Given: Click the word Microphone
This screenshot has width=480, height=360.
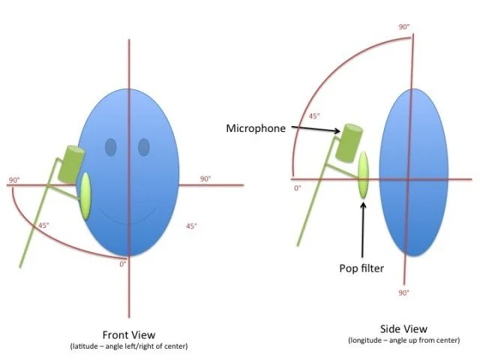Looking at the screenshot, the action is pyautogui.click(x=256, y=128).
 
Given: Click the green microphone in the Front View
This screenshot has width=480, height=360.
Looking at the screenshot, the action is pyautogui.click(x=73, y=164).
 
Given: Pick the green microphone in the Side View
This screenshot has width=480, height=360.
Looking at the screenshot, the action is pyautogui.click(x=349, y=142).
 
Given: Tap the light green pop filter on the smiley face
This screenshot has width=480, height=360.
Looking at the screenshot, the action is pyautogui.click(x=86, y=196).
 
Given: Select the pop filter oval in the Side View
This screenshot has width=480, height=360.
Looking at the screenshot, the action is pyautogui.click(x=364, y=175).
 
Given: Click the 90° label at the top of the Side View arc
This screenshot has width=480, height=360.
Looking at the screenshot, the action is pyautogui.click(x=404, y=27).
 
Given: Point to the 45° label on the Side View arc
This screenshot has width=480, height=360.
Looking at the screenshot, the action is pyautogui.click(x=314, y=116).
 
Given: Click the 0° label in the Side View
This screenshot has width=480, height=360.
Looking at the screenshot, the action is pyautogui.click(x=298, y=187).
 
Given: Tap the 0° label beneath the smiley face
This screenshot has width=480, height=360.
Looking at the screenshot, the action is pyautogui.click(x=124, y=263).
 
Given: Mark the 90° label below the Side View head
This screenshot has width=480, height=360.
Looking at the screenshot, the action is pyautogui.click(x=403, y=292).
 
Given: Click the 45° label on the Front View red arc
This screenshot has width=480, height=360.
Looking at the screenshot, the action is pyautogui.click(x=44, y=225).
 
